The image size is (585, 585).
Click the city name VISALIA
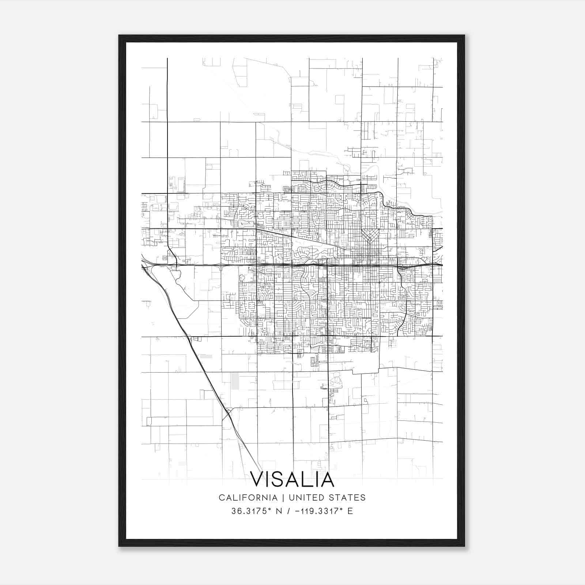coord(292,480)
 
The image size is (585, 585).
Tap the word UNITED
coord(303,498)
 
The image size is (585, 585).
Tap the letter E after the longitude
coord(351,511)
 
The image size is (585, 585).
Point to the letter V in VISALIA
coord(258,480)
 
